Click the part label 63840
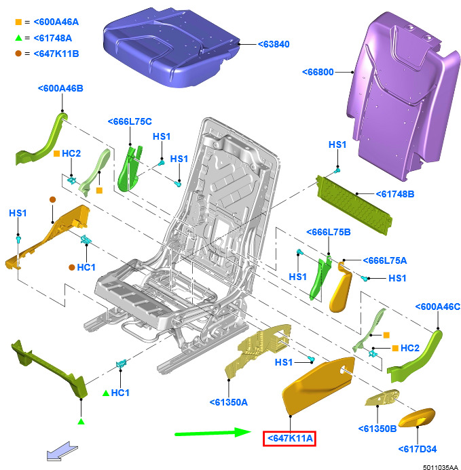pyautogui.click(x=274, y=44)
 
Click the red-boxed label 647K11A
pyautogui.click(x=290, y=438)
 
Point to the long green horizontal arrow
pyautogui.click(x=213, y=433)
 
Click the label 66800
pyautogui.click(x=318, y=72)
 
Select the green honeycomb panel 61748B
pyautogui.click(x=354, y=205)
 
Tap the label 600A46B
pyautogui.click(x=60, y=88)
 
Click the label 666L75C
pyautogui.click(x=130, y=121)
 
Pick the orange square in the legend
pyautogui.click(x=18, y=22)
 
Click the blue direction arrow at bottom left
pyautogui.click(x=62, y=451)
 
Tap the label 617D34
pyautogui.click(x=417, y=449)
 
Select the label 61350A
pyautogui.click(x=228, y=402)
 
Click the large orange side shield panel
pyautogui.click(x=318, y=385)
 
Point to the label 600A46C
pyautogui.click(x=437, y=307)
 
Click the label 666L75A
pyautogui.click(x=385, y=260)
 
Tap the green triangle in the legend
pyautogui.click(x=18, y=38)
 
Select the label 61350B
pyautogui.click(x=377, y=429)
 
